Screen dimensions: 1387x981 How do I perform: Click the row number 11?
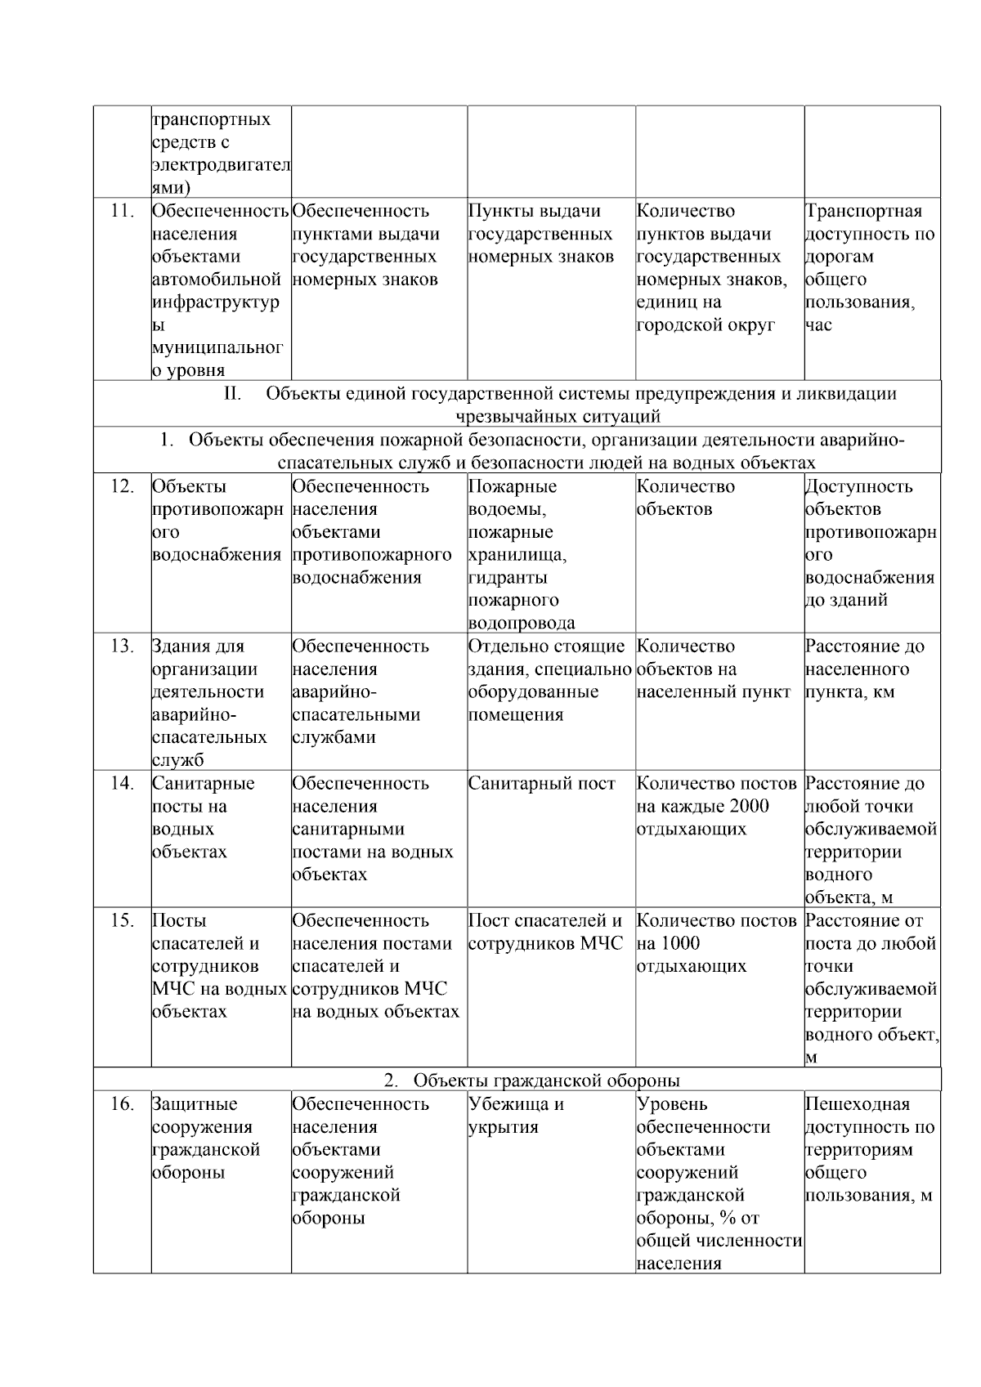122,211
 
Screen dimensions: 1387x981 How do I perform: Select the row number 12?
122,486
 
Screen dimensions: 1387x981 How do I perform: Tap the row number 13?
122,647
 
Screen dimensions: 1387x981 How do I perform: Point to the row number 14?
122,784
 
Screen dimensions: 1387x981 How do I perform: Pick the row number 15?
122,921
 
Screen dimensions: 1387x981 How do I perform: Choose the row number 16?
122,1104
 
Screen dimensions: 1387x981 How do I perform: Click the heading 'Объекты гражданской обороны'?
546,1081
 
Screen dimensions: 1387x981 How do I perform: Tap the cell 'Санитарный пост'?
541,784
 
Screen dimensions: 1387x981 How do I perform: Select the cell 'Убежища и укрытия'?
516,1116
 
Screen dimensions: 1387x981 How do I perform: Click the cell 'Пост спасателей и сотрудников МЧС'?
545,933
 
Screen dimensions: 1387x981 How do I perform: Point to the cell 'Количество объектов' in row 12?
685,498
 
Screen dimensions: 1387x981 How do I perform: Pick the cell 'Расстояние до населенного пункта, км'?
864,669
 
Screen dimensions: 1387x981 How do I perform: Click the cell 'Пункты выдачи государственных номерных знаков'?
540,234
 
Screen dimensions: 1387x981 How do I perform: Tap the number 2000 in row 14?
750,807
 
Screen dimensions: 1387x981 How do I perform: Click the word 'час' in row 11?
818,325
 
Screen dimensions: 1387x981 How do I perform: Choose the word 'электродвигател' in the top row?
221,165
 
